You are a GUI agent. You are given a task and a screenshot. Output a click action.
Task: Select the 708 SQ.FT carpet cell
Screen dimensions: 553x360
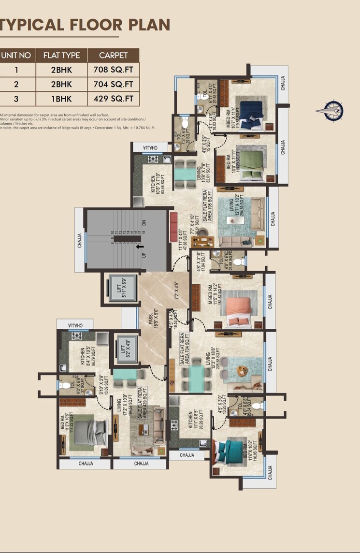(113, 70)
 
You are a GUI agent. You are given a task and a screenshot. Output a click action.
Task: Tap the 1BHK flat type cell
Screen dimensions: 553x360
(61, 99)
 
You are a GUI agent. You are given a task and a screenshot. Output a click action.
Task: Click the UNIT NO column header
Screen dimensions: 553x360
(16, 55)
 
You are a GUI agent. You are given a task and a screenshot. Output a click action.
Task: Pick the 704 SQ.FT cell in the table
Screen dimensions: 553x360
(113, 84)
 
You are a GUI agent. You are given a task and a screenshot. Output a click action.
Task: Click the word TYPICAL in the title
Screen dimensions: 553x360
(37, 25)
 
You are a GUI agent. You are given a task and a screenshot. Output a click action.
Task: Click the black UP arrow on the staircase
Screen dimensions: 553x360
(141, 247)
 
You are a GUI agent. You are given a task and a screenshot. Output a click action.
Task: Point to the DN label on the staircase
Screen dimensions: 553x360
(144, 223)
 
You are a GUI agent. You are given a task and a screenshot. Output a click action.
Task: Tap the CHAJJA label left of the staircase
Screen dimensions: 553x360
(80, 240)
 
